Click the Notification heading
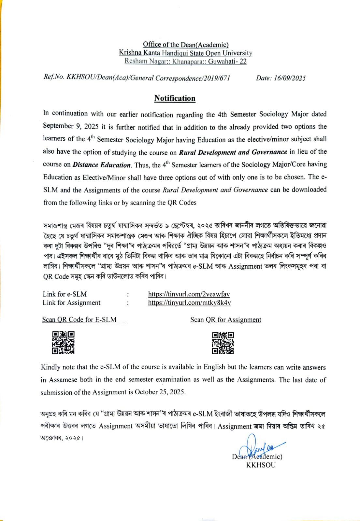click(x=175, y=98)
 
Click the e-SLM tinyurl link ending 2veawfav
click(x=189, y=294)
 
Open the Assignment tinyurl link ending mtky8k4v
click(x=189, y=303)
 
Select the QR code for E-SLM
click(x=63, y=342)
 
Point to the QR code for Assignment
click(x=223, y=343)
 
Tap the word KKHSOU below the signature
click(x=261, y=465)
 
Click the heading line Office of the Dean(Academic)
click(x=186, y=45)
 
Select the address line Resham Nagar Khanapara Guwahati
click(x=185, y=61)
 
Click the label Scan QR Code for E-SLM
click(x=79, y=319)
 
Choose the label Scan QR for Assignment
click(x=225, y=320)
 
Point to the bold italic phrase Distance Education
click(x=102, y=165)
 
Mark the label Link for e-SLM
click(x=65, y=294)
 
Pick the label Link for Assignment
click(x=71, y=303)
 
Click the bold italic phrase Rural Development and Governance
click(x=233, y=152)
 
